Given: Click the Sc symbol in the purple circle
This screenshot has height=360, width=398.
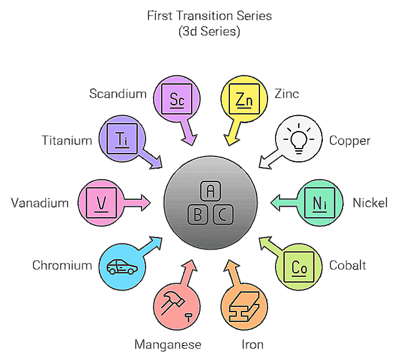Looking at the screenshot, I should pos(177,98).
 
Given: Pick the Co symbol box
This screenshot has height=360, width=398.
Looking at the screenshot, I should pos(299,267).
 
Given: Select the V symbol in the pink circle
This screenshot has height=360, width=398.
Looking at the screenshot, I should pos(102,203).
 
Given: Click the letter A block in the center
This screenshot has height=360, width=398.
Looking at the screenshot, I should pos(210,190).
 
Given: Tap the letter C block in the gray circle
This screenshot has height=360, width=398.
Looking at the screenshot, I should pos(223,215).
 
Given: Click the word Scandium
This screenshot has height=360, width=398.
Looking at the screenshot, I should pos(118,93).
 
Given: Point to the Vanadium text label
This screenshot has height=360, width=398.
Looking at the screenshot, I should pos(40,203).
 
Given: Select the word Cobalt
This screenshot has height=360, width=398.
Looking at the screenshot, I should pos(348,265).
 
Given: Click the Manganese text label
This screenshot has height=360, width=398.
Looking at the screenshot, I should pos(168,345).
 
